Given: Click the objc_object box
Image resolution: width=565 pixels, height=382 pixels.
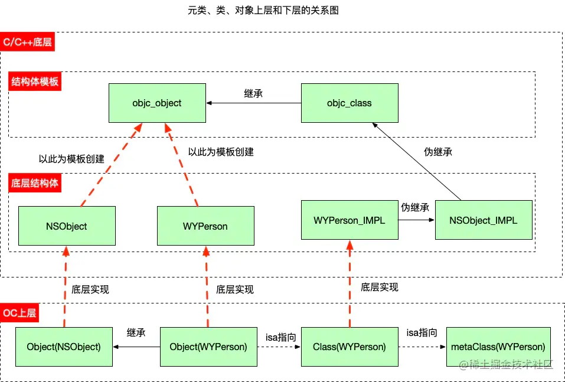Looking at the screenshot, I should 157,103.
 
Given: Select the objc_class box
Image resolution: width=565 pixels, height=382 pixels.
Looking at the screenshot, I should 350,103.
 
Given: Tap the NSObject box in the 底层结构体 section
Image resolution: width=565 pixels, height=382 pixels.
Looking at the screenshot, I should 67,226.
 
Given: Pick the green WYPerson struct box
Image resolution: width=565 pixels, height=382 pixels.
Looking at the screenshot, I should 206,226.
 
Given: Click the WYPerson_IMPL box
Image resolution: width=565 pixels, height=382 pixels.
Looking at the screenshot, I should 350,220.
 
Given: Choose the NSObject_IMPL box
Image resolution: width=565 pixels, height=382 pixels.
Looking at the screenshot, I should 484,220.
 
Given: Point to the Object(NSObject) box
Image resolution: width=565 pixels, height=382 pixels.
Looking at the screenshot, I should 64,347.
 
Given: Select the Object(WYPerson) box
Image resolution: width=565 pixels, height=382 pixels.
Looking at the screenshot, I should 208,347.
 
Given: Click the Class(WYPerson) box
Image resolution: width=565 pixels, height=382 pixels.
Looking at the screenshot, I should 350,347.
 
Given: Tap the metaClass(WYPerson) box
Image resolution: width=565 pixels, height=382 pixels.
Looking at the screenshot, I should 498,347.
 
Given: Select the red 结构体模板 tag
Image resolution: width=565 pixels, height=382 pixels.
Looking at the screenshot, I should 35,81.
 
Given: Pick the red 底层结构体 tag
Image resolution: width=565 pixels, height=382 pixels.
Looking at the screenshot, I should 35,183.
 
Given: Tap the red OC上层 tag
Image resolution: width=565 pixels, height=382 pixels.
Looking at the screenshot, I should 20,312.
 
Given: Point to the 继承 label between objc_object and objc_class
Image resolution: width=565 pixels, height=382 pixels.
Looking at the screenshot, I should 253,93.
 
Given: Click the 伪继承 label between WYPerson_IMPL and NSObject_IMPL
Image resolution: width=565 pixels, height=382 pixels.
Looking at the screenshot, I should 415,208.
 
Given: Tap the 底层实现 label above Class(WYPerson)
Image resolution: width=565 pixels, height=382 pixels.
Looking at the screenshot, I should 380,287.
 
